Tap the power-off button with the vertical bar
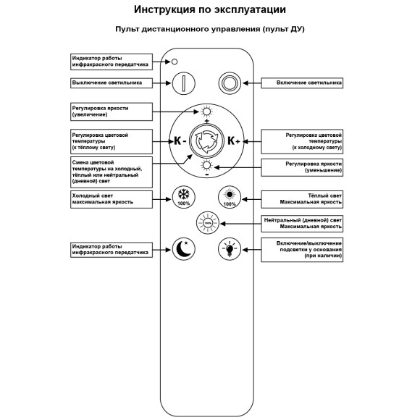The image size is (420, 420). [184, 83]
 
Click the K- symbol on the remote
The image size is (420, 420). [177, 140]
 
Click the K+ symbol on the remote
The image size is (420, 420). [234, 140]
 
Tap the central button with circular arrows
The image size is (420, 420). [206, 140]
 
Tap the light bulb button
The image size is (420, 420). [230, 250]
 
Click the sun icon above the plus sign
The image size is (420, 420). [207, 111]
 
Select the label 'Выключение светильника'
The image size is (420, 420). [112, 83]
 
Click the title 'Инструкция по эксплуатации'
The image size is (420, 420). [210, 10]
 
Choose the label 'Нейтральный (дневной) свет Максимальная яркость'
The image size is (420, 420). [302, 223]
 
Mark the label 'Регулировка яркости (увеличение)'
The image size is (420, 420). [112, 111]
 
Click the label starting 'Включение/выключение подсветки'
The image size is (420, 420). [302, 249]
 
